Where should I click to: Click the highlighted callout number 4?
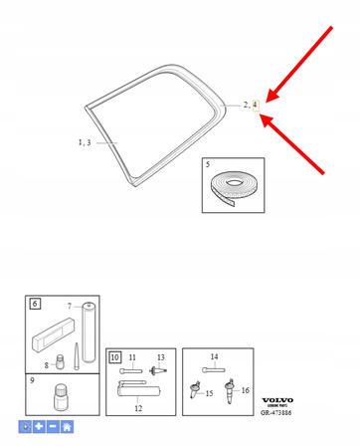[x=255, y=104]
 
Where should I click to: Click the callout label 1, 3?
[x=85, y=142]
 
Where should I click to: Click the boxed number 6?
[x=34, y=303]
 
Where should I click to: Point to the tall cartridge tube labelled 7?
[x=88, y=328]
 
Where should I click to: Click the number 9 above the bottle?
[x=33, y=379]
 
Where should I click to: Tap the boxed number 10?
[x=115, y=355]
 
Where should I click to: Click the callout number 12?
[x=138, y=409]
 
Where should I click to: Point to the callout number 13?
[x=160, y=355]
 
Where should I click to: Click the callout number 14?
[x=214, y=355]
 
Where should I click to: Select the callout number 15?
[x=210, y=393]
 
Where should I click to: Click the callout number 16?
[x=246, y=392]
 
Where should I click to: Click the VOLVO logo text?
[x=278, y=401]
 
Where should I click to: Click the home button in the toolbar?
[x=67, y=427]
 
